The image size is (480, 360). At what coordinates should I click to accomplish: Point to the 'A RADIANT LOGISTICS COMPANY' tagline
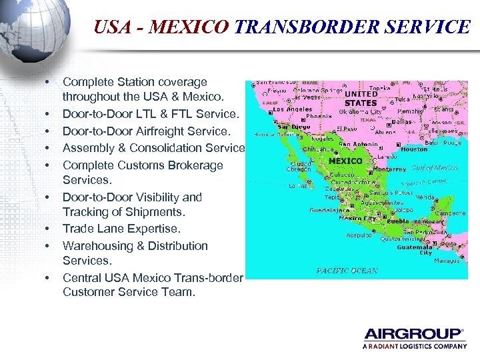(414, 347)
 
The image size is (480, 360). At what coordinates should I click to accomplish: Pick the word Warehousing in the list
(99, 245)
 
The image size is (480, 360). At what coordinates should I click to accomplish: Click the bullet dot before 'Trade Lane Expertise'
(49, 229)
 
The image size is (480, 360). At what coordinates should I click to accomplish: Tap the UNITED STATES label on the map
(361, 99)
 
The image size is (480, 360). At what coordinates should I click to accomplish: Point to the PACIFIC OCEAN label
(347, 271)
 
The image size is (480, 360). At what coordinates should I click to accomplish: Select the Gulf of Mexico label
(435, 168)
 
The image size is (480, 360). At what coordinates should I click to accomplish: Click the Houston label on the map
(415, 149)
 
